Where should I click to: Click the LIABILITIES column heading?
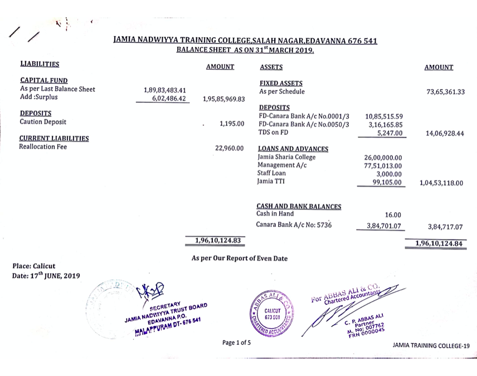[x=40, y=65]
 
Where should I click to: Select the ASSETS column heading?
[x=271, y=67]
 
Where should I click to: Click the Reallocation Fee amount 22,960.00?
[x=230, y=148]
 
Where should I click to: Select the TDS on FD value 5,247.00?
[x=391, y=134]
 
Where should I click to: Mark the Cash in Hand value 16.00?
[x=393, y=214]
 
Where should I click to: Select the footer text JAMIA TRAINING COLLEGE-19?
[x=431, y=345]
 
